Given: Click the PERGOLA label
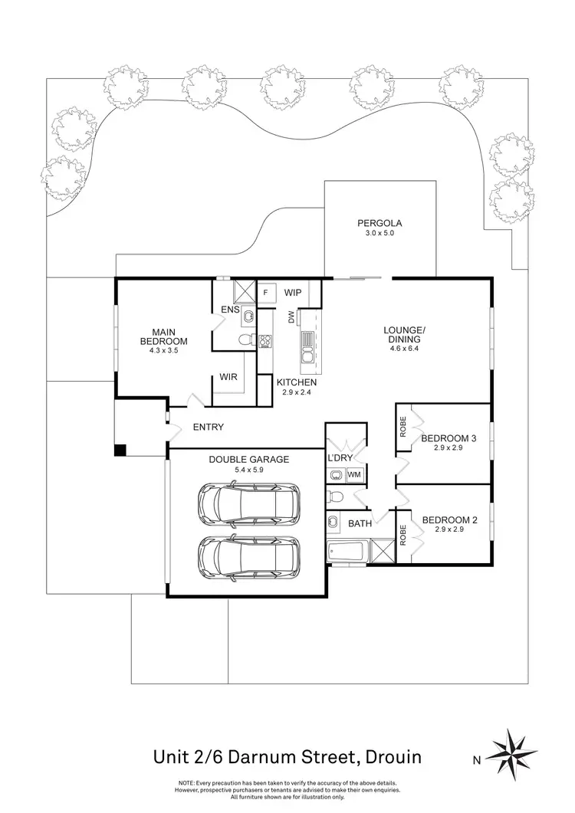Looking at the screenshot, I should (x=379, y=224).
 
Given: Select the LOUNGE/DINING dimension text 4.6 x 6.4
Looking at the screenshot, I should (x=404, y=347).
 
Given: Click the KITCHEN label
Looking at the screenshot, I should (x=297, y=382).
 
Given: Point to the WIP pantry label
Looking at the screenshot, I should (x=292, y=293).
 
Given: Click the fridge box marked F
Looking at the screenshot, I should (x=265, y=293).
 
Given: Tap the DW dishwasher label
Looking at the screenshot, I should (x=291, y=317).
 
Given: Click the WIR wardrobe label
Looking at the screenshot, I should (x=228, y=377).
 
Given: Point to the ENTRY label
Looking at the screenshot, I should (x=209, y=427).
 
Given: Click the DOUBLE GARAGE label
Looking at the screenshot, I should (x=248, y=460).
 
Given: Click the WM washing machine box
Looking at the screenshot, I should (x=353, y=475).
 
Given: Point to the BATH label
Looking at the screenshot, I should (x=360, y=524).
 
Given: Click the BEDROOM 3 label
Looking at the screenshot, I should (x=449, y=438).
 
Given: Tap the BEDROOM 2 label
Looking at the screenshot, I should (x=449, y=520).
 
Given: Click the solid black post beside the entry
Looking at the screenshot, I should (x=120, y=450).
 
